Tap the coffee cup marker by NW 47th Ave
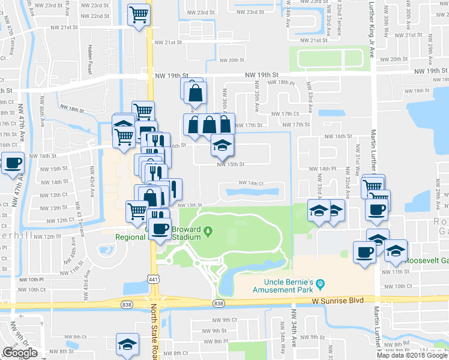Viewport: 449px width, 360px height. click(x=13, y=162)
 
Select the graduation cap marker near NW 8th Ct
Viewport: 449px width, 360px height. click(x=127, y=344)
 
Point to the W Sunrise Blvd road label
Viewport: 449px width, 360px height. click(x=338, y=298)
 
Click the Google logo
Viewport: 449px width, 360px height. click(x=20, y=353)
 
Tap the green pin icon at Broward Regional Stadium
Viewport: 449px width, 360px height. click(x=208, y=230)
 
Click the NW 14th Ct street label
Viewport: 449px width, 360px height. click(x=252, y=183)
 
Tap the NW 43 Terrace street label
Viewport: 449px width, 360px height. click(x=78, y=223)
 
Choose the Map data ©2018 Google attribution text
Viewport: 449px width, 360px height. click(x=412, y=355)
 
